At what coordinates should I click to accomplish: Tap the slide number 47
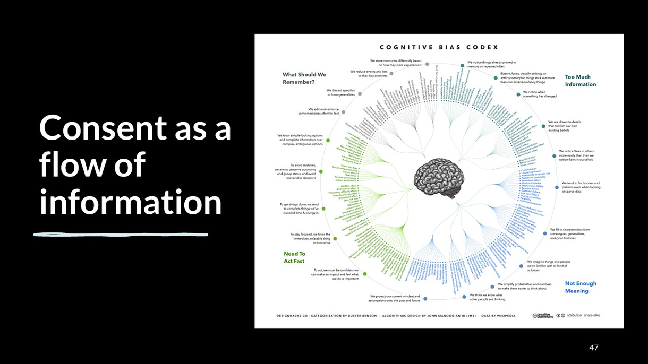point(594,348)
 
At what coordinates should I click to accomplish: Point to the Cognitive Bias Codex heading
point(439,48)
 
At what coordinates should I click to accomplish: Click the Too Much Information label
point(580,81)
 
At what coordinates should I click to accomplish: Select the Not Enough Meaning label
point(580,287)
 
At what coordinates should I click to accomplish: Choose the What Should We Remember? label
point(304,79)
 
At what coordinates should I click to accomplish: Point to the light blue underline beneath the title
point(121,233)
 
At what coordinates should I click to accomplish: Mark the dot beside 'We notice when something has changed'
point(519,94)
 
